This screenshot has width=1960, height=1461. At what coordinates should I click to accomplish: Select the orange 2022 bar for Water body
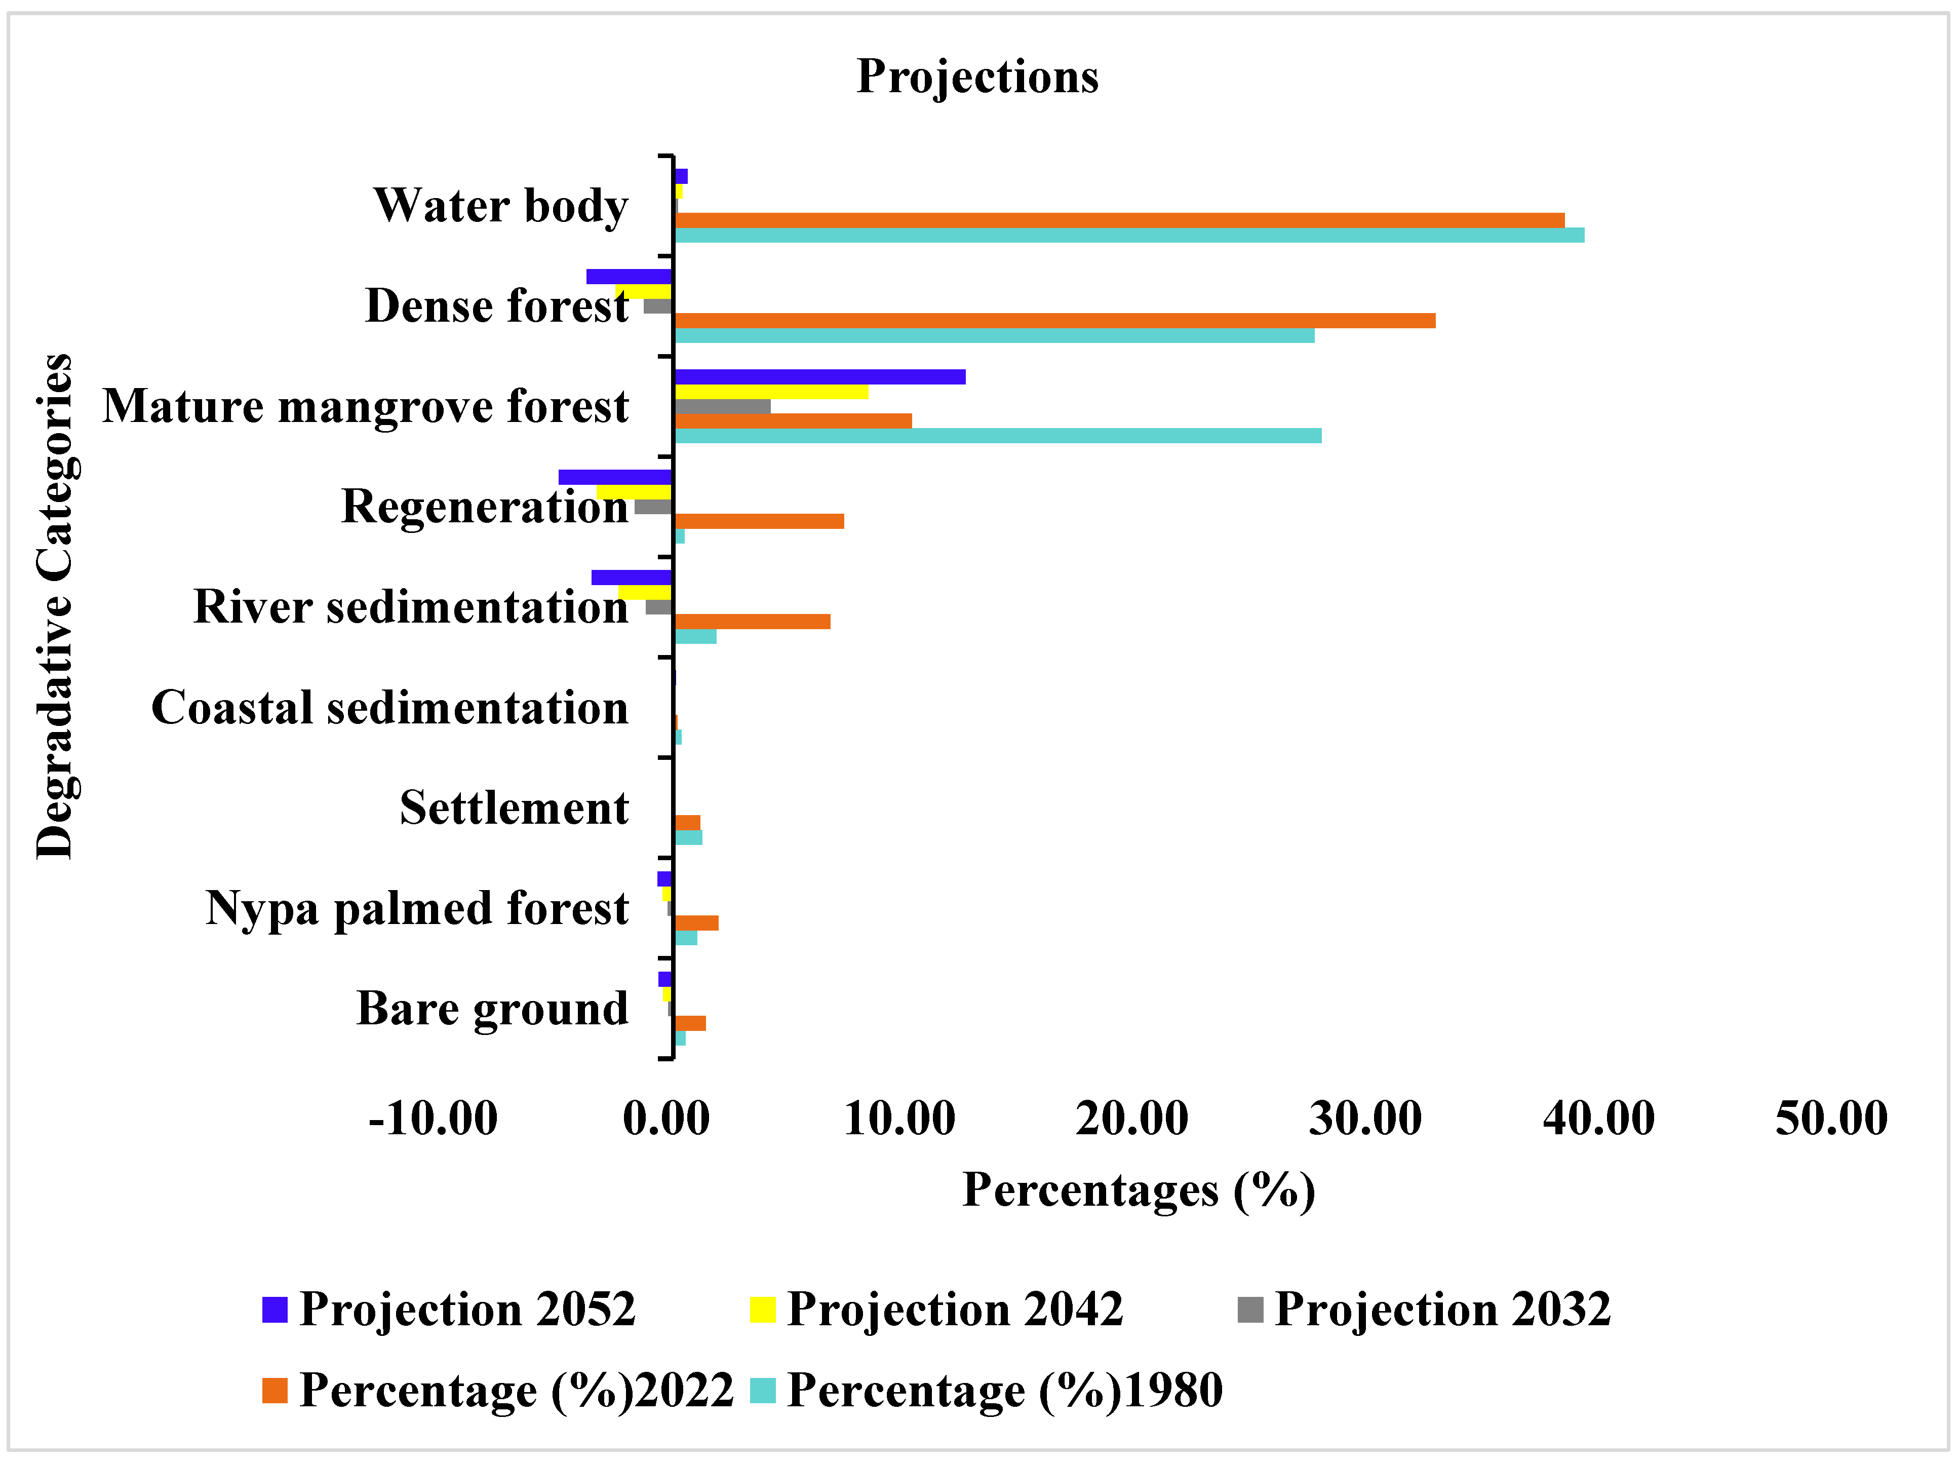pos(1118,220)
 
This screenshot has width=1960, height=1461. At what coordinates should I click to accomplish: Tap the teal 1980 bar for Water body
pos(1128,235)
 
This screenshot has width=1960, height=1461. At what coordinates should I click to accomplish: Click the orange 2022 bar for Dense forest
pos(1054,320)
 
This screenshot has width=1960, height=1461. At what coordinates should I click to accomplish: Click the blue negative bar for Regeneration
pos(615,478)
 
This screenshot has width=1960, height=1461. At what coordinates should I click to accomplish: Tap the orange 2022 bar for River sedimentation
pos(752,622)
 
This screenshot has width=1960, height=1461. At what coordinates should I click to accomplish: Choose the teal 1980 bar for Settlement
pos(688,837)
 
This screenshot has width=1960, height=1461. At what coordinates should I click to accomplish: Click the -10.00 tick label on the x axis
pos(433,1119)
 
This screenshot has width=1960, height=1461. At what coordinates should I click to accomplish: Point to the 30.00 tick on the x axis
pos(1365,1119)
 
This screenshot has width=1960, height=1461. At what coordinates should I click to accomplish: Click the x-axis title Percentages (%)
pos(1139,1190)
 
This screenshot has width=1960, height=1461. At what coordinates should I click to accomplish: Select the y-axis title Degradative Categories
pos(55,607)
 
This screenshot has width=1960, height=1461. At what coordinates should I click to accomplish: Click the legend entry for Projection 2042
pos(936,1310)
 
